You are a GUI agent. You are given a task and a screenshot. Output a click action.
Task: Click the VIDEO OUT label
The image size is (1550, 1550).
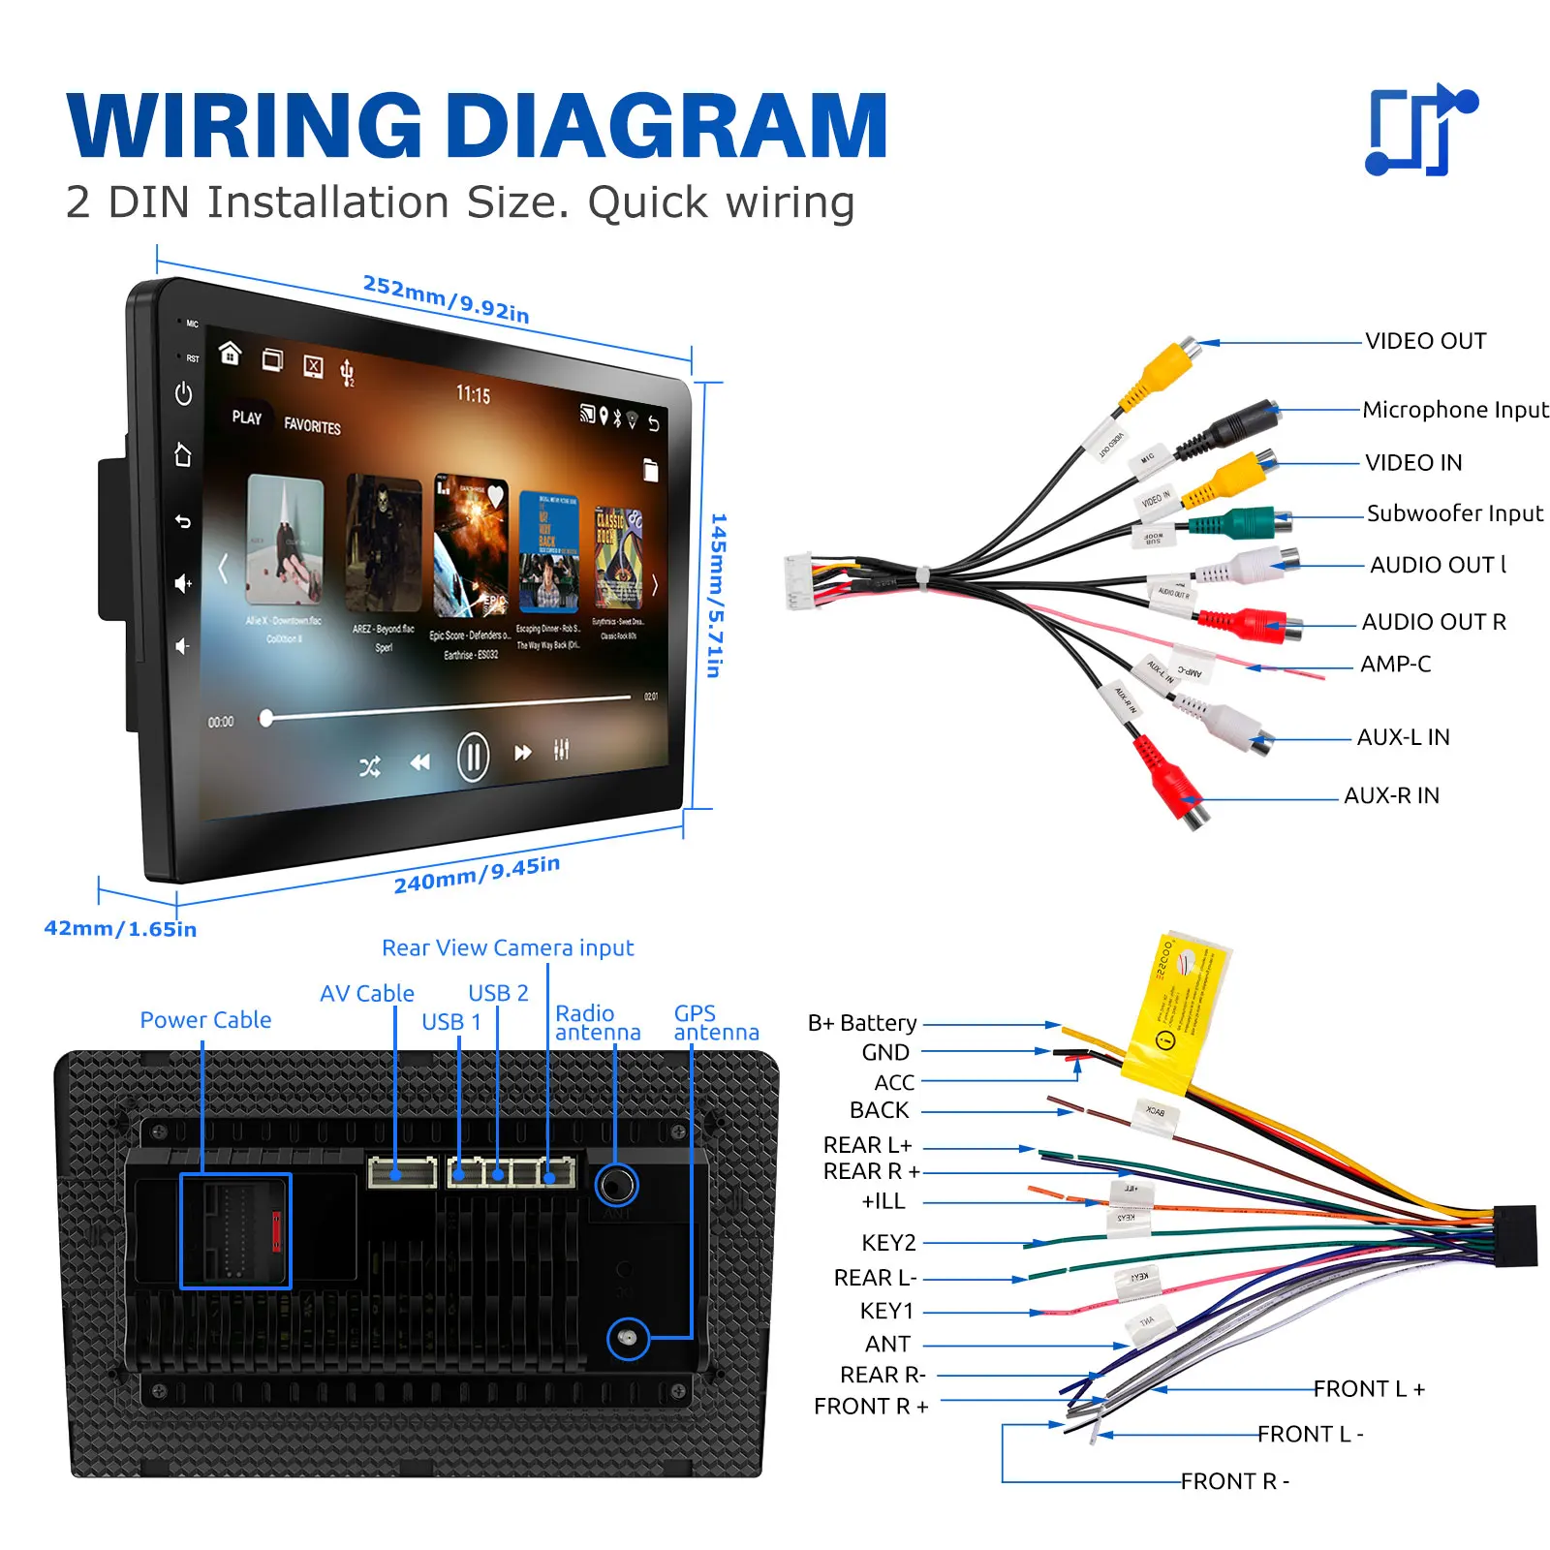point(1425,341)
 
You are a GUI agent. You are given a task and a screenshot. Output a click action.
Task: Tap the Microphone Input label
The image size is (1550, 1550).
point(1454,410)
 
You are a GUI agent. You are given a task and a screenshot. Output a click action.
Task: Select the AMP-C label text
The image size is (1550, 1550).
point(1395,665)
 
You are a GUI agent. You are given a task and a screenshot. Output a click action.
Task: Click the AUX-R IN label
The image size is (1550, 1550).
point(1391,795)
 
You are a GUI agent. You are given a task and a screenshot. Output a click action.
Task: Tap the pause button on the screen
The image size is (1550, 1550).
point(473,757)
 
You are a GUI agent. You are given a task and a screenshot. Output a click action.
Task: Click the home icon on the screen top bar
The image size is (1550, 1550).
point(230,353)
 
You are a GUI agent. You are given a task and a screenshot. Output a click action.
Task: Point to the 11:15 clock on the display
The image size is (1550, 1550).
point(473,395)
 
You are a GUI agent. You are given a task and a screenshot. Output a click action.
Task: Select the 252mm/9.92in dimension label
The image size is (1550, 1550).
point(446,298)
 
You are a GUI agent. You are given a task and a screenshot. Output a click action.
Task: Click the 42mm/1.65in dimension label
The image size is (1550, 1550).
point(120,929)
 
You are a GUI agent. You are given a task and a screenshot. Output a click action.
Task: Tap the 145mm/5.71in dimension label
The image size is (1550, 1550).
point(717,595)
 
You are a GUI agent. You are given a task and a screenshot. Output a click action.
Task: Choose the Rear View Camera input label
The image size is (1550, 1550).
point(508,947)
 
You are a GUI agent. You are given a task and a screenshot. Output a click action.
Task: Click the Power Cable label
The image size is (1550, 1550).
point(205,1020)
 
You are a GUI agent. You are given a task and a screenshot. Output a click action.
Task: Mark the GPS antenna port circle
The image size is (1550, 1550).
point(628,1339)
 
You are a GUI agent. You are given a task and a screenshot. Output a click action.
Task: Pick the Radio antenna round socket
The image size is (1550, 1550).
point(616,1184)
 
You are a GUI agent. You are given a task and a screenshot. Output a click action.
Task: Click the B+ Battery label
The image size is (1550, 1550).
point(862,1023)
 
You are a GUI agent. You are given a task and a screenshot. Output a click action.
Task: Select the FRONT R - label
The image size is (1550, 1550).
point(1234,1481)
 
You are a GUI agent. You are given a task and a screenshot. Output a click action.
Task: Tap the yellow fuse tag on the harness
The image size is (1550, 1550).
point(1176,1012)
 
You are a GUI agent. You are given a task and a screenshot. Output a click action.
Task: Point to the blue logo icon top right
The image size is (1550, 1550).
point(1419,130)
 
